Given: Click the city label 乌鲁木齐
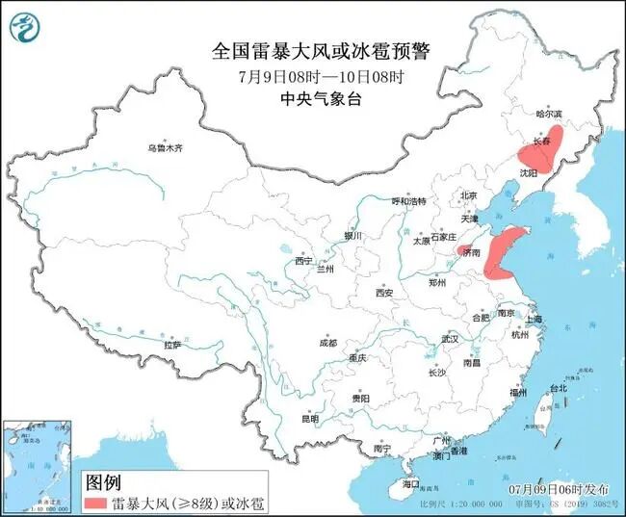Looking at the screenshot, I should point(165,148).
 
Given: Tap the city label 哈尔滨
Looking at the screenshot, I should point(548,114).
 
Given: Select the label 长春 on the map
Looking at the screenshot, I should point(541,142).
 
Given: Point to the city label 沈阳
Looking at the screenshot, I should point(527,172).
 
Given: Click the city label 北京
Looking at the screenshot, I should point(469,195).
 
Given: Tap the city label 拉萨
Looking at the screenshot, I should point(172,344).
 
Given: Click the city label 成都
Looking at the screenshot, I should point(328,343).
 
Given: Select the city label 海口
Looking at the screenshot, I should point(411,482).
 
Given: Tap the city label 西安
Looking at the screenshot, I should point(385,293).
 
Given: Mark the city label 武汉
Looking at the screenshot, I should point(450,339).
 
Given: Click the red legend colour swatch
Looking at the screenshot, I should point(95,503).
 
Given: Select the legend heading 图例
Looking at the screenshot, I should point(104,481).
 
